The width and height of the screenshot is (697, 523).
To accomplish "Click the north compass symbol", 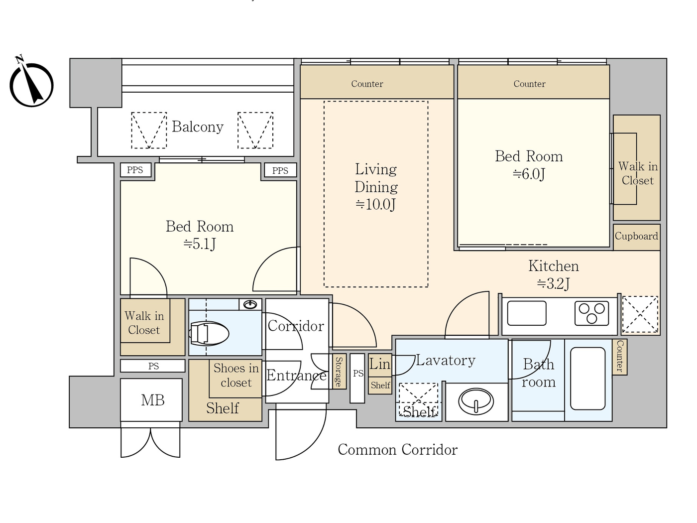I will pos(31,84).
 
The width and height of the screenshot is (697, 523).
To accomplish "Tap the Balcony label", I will pos(197,127).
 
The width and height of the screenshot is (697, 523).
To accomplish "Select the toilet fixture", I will pos(209,334).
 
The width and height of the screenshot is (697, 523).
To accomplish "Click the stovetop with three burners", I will pos(591,313).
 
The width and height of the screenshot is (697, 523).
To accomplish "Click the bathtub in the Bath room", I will pos(587,378).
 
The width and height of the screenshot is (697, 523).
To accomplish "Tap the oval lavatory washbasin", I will pos(476,401).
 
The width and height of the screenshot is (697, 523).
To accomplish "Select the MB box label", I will pos(152,400).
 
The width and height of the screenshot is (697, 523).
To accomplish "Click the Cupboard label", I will pos(636,236).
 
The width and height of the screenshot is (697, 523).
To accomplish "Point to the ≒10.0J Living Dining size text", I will pos(375,204).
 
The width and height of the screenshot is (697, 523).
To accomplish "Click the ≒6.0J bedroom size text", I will pos(529,174).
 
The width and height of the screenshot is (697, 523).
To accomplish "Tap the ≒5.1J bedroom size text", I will pos(199,244).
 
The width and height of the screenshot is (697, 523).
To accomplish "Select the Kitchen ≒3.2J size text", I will pos(553,283).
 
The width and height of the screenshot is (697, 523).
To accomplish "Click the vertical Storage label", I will pos(339,372).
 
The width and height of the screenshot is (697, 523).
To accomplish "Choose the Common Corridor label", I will pos(397,450).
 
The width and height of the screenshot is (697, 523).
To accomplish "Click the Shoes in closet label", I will pos(236,375).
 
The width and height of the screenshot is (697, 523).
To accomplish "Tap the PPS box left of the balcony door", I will pos(135,170).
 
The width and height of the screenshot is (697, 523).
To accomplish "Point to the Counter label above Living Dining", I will pos(367,84).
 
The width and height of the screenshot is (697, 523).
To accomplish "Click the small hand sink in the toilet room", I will pos(250,304).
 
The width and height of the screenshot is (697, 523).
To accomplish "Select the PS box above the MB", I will pos(153,366).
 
